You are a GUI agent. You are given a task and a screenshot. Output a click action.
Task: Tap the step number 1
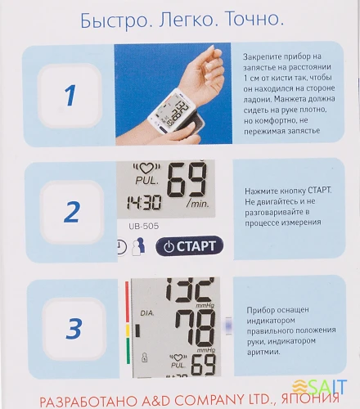coord(70,95)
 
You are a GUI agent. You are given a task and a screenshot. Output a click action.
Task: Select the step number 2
coord(71,212)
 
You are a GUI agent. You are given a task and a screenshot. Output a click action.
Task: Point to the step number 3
coord(74,330)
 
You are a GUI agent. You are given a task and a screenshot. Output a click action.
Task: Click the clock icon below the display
coord(122,245)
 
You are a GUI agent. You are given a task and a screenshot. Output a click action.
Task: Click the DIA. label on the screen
coord(148,312)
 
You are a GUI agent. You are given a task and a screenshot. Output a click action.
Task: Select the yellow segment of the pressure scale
coord(127,331)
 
